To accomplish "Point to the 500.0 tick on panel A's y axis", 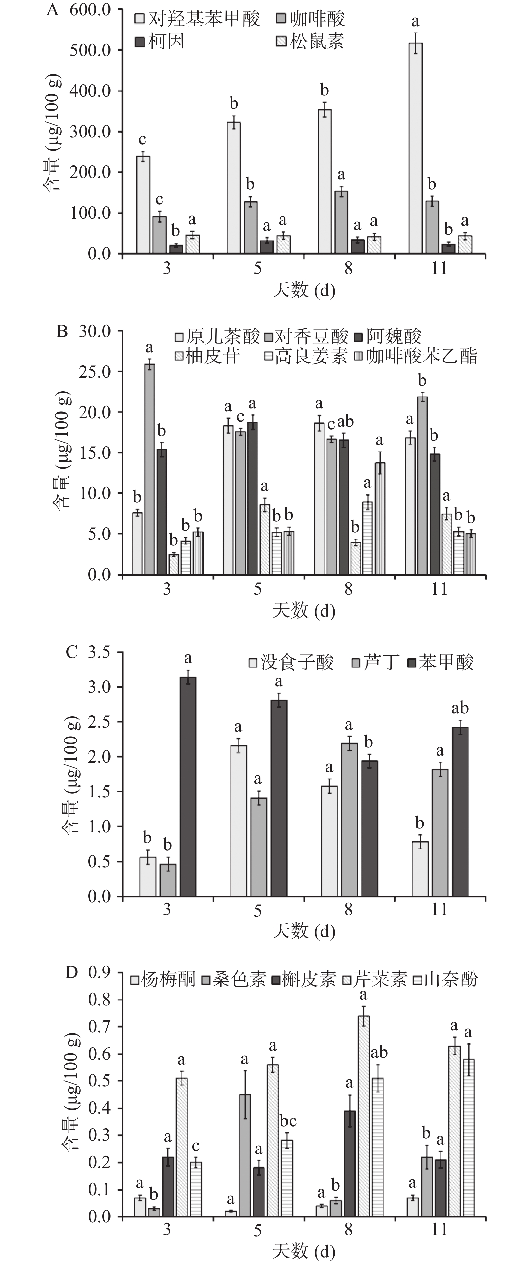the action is [x=90, y=50].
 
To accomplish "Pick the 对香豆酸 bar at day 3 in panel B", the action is [x=150, y=469].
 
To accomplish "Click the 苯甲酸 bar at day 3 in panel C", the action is [x=188, y=787].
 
